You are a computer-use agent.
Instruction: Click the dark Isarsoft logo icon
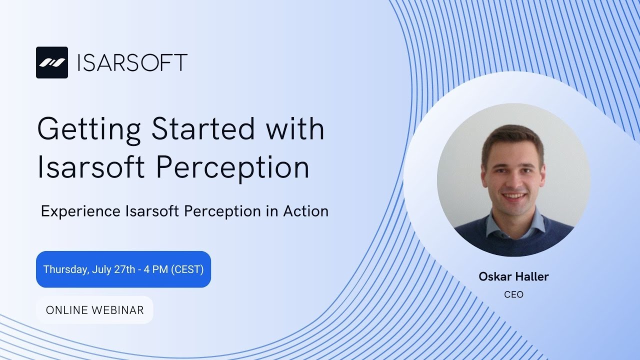tap(51, 62)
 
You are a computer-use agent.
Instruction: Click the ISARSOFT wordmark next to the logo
tap(132, 62)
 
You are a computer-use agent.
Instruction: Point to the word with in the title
tap(295, 128)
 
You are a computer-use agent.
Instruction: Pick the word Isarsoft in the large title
tap(92, 167)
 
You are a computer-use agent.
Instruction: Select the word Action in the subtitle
tap(305, 211)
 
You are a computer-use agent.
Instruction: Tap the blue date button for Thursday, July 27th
tap(123, 269)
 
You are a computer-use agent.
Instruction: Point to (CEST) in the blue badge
tap(187, 269)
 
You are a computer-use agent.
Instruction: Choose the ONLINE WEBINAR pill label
tap(94, 310)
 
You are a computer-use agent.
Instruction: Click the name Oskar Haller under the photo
tap(513, 276)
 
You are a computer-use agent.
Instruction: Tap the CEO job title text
tap(513, 294)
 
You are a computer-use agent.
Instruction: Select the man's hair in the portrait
tap(512, 137)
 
